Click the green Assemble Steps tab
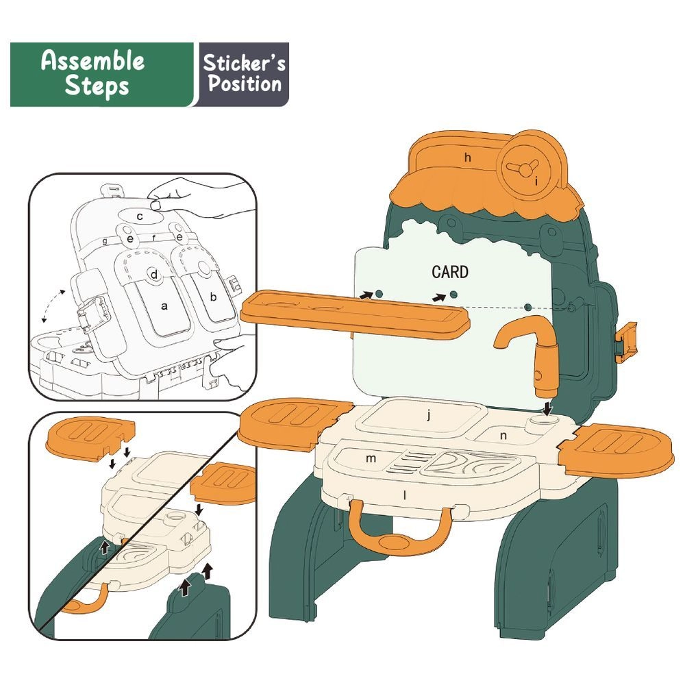pyautogui.click(x=101, y=74)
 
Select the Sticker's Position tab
pyautogui.click(x=244, y=74)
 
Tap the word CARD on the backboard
pyautogui.click(x=450, y=272)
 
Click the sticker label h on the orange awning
pyautogui.click(x=468, y=158)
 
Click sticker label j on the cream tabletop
pyautogui.click(x=429, y=415)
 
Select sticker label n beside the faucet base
pyautogui.click(x=503, y=436)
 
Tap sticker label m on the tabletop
pyautogui.click(x=371, y=458)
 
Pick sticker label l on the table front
pyautogui.click(x=405, y=495)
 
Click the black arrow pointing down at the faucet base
pyautogui.click(x=547, y=409)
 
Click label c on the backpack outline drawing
pyautogui.click(x=140, y=216)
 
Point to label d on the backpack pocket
pyautogui.click(x=153, y=275)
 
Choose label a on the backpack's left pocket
pyautogui.click(x=164, y=306)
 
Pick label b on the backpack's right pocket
pyautogui.click(x=213, y=297)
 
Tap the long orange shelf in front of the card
pyautogui.click(x=355, y=314)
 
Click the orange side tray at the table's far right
pyautogui.click(x=616, y=451)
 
